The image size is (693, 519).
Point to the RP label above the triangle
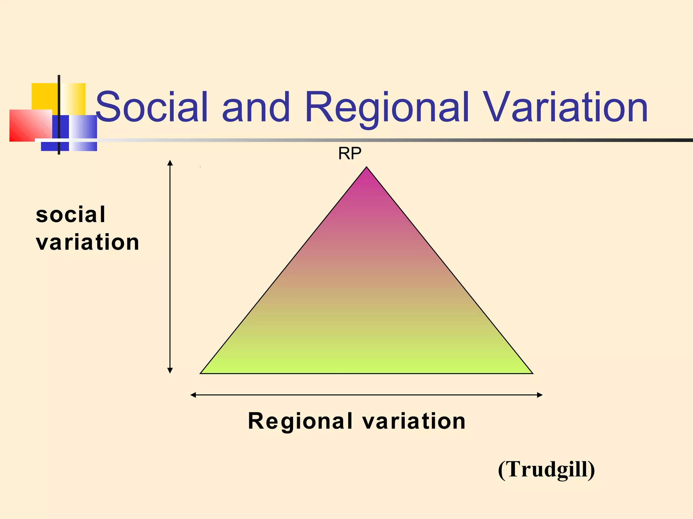coord(350,154)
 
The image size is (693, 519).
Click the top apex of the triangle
coord(366,168)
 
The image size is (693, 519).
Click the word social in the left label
coord(71,215)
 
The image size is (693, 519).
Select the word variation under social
coord(87,242)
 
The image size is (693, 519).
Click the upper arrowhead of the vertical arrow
coord(170,163)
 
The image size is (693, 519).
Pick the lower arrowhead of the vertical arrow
coord(170,370)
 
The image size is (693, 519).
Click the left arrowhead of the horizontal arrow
coord(193,395)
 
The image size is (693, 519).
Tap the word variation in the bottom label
coord(414,421)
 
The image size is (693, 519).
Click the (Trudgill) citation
coord(546,469)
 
